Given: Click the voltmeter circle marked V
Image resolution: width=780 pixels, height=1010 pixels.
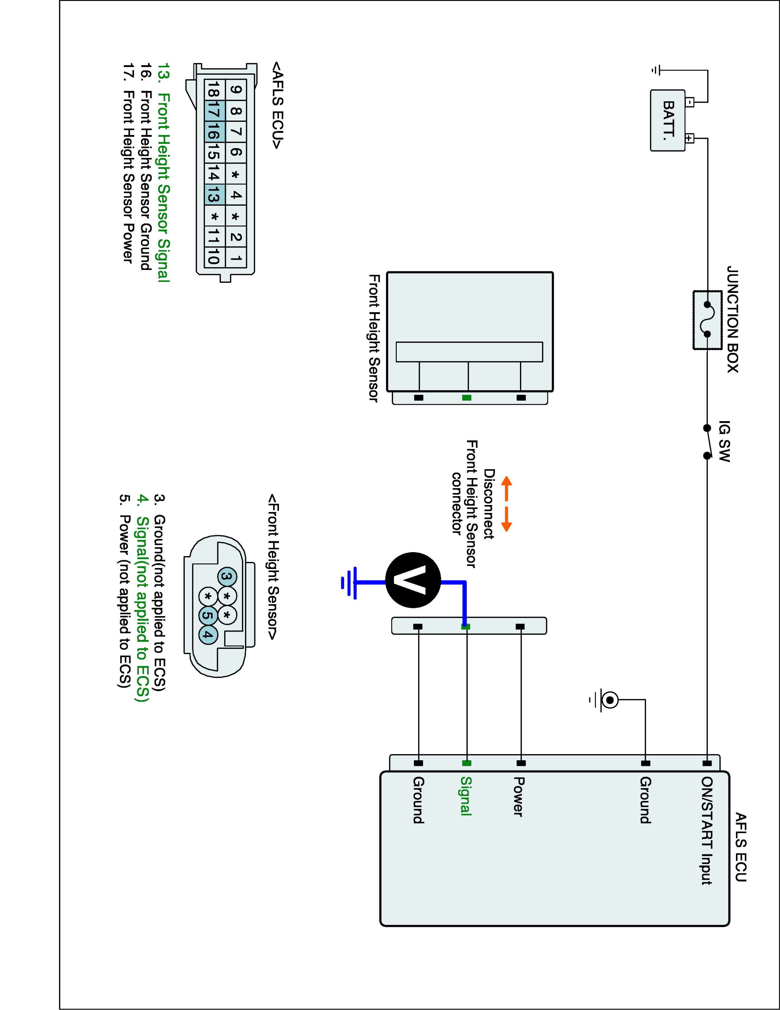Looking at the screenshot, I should (413, 580).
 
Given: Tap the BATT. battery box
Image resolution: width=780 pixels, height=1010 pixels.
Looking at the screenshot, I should (668, 120).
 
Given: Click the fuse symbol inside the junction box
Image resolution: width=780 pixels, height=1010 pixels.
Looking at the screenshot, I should (707, 319).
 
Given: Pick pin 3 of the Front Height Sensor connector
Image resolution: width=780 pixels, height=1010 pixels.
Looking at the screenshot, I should (226, 577).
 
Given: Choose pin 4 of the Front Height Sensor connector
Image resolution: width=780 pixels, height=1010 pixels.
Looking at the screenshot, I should (208, 635).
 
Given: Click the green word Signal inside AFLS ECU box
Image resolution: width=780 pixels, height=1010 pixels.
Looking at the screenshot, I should (466, 796).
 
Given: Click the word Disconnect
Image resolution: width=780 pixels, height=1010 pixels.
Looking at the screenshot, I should (489, 504).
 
